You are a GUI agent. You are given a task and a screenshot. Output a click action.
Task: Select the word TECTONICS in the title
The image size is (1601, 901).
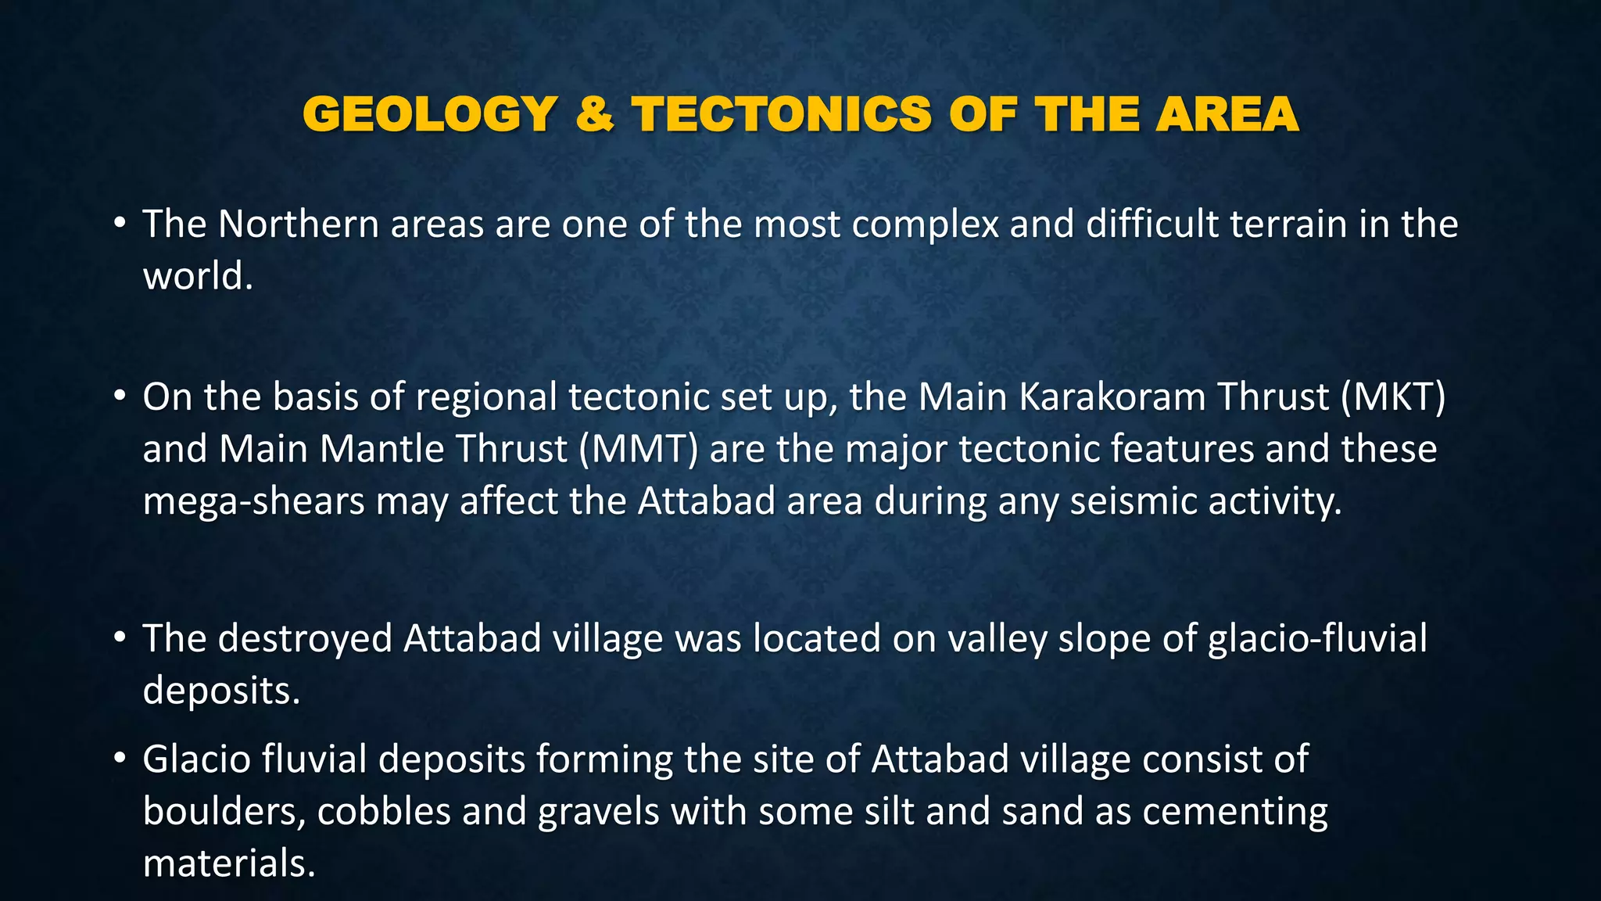[x=781, y=114]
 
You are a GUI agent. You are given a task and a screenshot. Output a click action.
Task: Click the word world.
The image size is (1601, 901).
[x=197, y=276]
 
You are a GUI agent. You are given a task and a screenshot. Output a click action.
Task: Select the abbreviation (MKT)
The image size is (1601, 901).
[x=1392, y=397]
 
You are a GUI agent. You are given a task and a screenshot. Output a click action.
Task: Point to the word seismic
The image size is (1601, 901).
[x=1132, y=501]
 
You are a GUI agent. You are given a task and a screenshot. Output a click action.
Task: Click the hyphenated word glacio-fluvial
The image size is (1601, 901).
[x=1317, y=638]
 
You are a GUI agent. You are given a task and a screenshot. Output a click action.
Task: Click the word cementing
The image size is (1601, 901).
[x=1234, y=811]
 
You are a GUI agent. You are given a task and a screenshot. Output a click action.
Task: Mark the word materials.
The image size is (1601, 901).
[x=228, y=863]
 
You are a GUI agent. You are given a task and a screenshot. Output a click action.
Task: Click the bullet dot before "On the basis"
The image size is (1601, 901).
[x=119, y=397]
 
